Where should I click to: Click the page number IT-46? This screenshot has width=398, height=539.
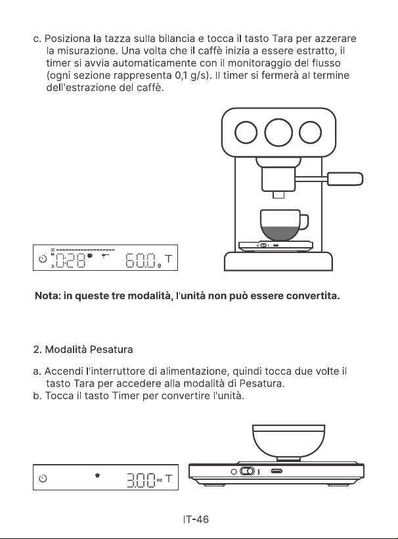coord(196,519)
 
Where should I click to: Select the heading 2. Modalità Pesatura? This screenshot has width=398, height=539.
coord(83,350)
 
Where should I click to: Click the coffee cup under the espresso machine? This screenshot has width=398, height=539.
coord(284,225)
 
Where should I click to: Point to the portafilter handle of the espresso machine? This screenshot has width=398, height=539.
coord(345,179)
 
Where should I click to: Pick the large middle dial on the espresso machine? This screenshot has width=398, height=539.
coord(278,132)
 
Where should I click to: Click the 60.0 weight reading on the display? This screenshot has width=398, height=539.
coord(141,260)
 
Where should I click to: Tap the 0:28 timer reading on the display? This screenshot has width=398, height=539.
coord(70,260)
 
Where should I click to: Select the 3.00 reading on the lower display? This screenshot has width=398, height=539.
coord(141,479)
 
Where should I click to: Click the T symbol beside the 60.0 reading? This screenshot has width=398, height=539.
coord(169,259)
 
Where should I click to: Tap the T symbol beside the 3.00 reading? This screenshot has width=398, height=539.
coord(169,478)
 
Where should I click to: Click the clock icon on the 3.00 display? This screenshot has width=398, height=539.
coord(43,479)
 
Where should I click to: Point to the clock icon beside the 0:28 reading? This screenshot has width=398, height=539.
coord(43,259)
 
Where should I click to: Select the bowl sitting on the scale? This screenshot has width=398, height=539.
coord(288,441)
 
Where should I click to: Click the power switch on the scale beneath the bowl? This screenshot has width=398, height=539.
coord(247,471)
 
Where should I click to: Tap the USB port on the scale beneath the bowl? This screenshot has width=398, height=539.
coord(276,471)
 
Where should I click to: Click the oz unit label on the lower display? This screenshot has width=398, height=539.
coord(160,480)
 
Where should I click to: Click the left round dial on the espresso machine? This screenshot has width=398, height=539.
coord(246,132)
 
